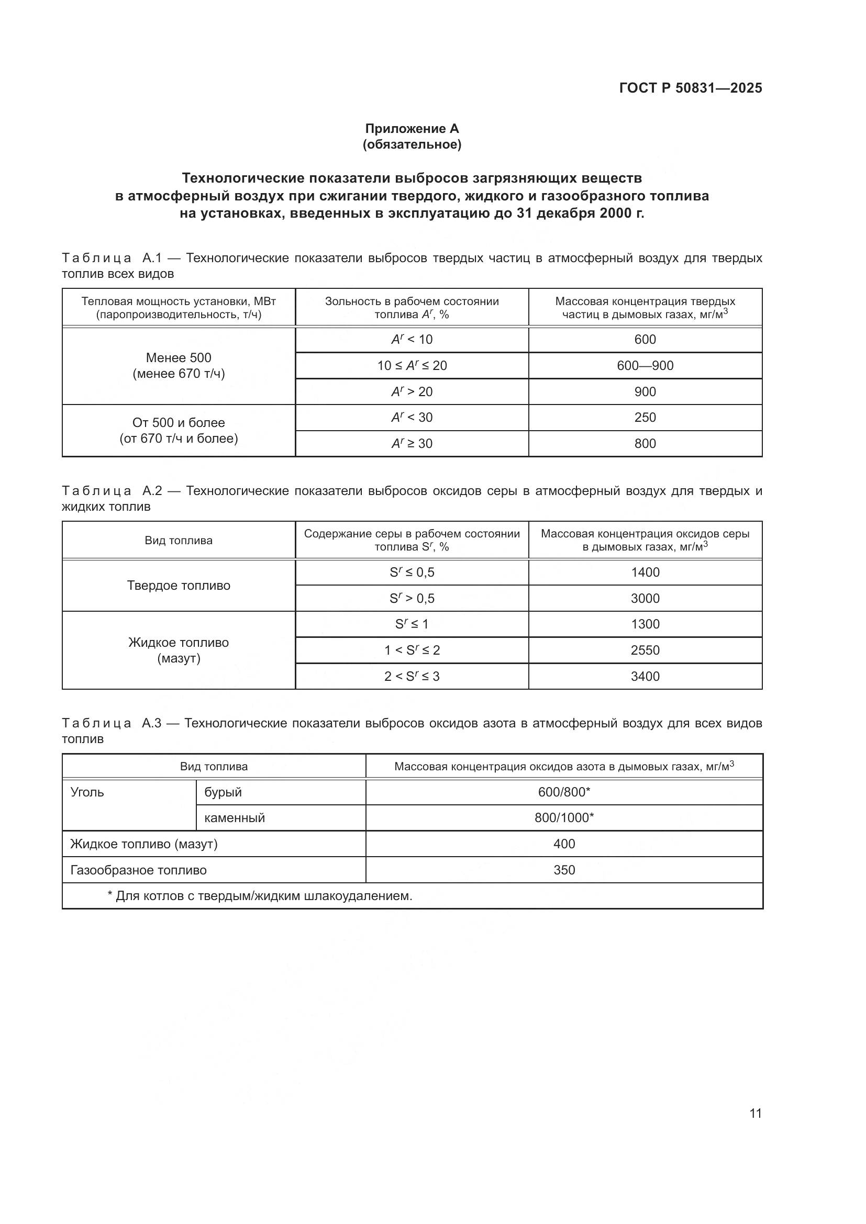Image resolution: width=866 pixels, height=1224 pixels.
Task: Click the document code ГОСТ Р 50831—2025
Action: tap(690, 88)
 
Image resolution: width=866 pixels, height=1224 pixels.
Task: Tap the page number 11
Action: tap(755, 1113)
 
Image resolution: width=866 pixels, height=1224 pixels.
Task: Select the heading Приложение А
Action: tap(412, 129)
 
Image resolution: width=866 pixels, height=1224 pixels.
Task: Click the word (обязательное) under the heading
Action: tap(412, 144)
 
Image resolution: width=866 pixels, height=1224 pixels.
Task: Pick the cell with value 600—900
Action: tap(645, 366)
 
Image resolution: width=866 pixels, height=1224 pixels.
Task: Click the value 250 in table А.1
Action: tap(645, 418)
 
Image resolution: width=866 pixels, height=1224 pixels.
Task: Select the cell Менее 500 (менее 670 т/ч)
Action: tap(179, 366)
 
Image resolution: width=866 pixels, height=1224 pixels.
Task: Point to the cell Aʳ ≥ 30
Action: tap(412, 444)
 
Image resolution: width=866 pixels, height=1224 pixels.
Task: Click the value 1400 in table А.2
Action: tap(645, 572)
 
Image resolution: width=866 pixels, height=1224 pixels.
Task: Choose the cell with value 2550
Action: tap(645, 650)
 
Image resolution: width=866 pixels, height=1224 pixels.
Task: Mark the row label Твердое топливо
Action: tap(179, 586)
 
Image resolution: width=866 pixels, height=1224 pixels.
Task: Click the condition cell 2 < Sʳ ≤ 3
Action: tap(412, 677)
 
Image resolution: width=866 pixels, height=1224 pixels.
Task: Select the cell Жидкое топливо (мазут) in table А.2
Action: tap(179, 650)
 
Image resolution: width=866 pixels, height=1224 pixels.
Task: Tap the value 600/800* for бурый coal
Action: tap(564, 792)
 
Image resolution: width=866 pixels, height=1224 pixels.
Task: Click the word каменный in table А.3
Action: tap(235, 818)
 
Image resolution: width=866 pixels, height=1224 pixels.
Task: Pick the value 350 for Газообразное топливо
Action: tap(564, 870)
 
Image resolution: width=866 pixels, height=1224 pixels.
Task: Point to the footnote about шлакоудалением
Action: tap(260, 896)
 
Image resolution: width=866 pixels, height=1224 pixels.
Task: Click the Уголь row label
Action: tap(87, 792)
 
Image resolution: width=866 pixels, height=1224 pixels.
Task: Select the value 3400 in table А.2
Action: tap(645, 677)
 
